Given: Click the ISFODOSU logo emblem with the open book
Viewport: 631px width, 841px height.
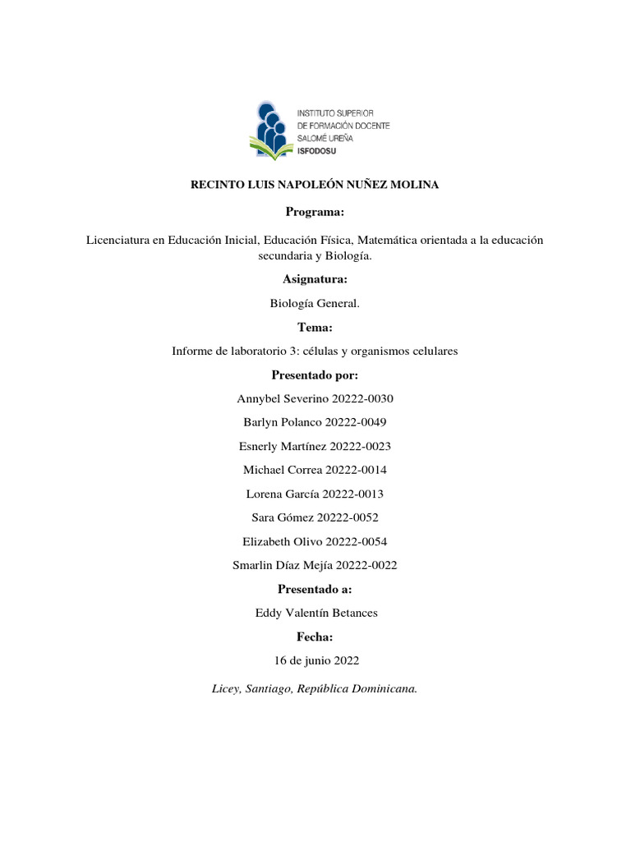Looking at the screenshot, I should click(271, 130).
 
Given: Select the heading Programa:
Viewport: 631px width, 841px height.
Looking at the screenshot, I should click(315, 212).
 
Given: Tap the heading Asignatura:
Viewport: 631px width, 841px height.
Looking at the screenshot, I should click(315, 280).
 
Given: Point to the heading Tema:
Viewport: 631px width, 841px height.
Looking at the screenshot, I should click(315, 328).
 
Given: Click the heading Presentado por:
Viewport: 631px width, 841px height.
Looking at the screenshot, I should click(315, 375).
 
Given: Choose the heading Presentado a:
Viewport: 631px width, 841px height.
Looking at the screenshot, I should click(315, 589).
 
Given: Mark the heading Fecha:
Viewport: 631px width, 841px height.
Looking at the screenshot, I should click(315, 636).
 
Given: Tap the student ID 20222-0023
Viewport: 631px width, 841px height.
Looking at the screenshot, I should click(360, 446).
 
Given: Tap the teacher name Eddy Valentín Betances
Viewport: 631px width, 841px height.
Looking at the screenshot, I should click(315, 613).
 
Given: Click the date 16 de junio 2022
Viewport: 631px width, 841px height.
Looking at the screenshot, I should click(315, 660).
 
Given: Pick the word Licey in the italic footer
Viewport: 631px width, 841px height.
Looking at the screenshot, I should click(224, 689).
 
